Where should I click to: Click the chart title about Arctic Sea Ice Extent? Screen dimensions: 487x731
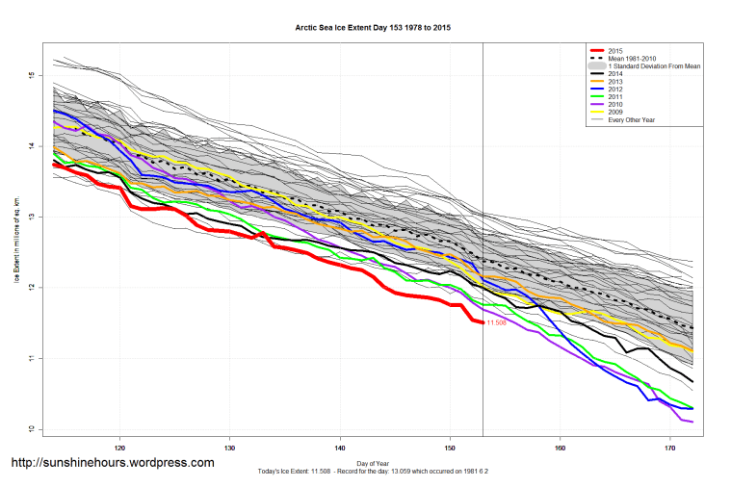point(371,28)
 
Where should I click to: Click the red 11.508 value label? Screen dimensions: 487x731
point(497,323)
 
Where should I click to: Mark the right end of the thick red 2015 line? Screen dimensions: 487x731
point(483,322)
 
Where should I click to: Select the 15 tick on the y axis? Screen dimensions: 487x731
point(32,75)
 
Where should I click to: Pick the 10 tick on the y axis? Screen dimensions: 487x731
point(32,429)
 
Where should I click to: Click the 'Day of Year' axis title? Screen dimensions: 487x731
point(371,462)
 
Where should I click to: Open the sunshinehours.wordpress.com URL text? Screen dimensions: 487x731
point(112,463)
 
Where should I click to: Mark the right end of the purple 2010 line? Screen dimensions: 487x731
point(692,422)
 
